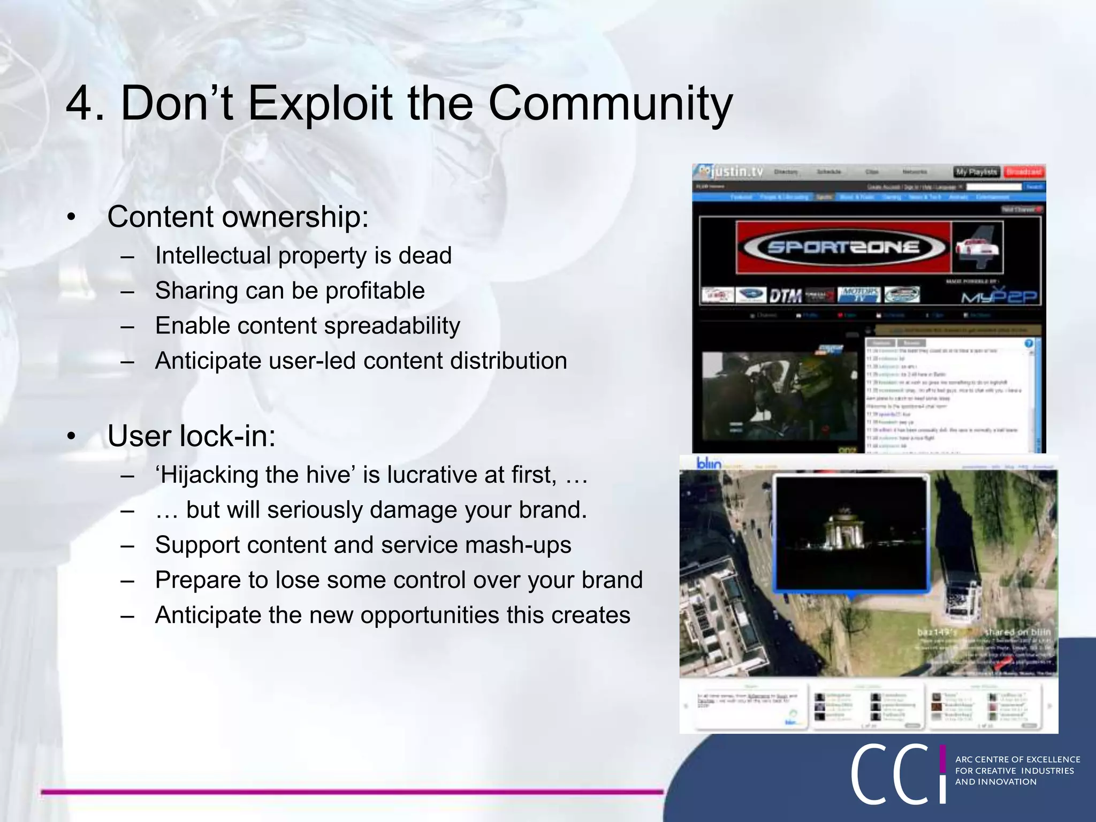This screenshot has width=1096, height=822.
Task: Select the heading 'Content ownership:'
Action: tap(238, 217)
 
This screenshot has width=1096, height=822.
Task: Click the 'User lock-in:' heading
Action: tap(191, 436)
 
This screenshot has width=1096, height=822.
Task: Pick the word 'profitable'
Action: tap(375, 291)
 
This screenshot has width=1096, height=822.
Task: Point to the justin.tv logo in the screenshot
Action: tap(731, 172)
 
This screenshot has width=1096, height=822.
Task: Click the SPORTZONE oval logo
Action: tap(843, 247)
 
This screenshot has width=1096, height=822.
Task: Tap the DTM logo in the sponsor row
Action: tap(785, 295)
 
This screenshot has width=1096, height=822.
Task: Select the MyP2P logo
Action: tap(999, 296)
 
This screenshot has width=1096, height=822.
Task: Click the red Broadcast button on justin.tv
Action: tap(1023, 172)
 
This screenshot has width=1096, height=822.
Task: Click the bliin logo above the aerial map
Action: tap(709, 463)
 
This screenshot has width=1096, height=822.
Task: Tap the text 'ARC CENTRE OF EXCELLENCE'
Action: tap(1017, 759)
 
